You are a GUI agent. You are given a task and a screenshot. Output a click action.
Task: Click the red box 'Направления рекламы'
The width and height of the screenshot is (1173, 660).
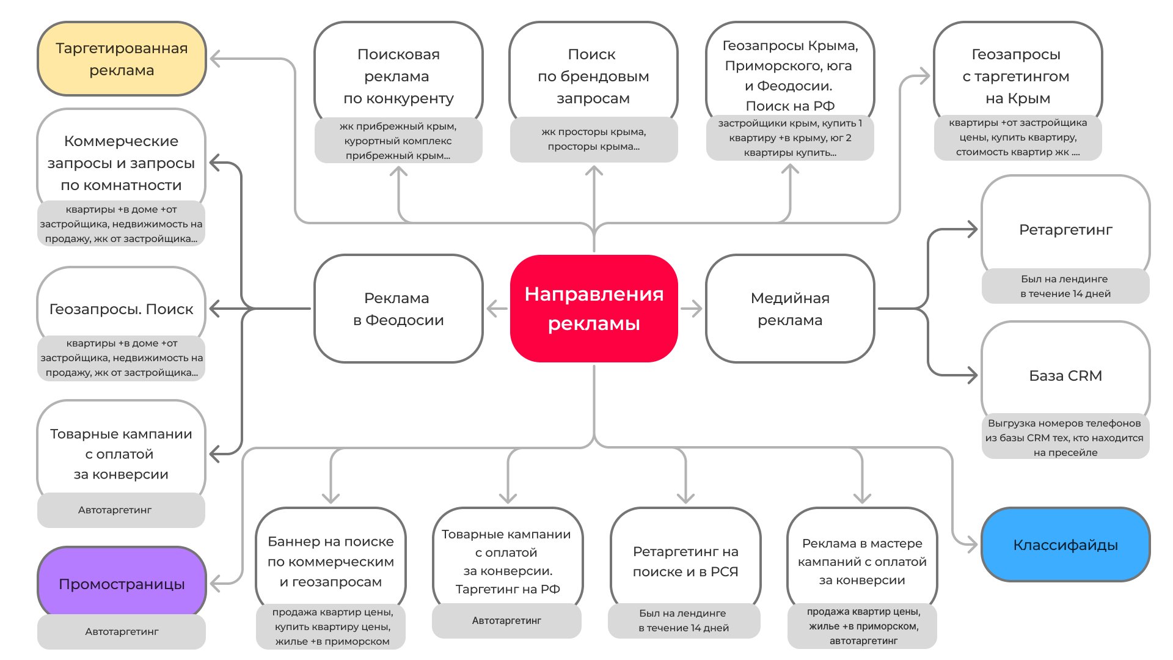point(594,309)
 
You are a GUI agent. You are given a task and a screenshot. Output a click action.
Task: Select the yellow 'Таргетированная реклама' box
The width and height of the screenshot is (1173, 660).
point(122,59)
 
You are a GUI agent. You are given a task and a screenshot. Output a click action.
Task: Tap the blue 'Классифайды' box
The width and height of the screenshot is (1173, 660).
point(1065,544)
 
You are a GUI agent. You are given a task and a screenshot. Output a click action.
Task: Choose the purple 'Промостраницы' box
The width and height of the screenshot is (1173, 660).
point(122,584)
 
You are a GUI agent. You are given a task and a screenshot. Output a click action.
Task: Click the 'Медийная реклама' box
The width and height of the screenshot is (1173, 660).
point(790,309)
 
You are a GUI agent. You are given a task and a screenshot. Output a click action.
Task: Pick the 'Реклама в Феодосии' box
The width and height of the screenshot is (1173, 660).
point(398,309)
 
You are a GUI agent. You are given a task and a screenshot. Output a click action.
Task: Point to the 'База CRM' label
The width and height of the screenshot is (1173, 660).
point(1065,375)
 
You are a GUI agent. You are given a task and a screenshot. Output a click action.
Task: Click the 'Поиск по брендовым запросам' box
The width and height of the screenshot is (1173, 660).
point(593,76)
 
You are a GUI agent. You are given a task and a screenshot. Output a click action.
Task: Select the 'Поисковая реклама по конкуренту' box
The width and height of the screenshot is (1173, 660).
point(398,76)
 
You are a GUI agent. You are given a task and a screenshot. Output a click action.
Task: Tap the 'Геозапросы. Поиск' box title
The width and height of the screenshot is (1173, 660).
point(121,309)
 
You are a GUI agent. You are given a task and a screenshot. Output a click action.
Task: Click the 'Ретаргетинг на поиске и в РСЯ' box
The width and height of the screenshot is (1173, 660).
point(685,561)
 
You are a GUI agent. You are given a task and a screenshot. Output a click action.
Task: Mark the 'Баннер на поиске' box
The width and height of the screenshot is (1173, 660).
point(331,561)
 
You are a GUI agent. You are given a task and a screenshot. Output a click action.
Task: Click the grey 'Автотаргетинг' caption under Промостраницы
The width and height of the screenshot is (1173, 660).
point(122,631)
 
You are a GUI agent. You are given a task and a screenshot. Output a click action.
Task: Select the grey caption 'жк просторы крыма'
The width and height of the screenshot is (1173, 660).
point(593,139)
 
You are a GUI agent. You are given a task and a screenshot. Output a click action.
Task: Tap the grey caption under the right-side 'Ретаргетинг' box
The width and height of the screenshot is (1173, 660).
point(1065,286)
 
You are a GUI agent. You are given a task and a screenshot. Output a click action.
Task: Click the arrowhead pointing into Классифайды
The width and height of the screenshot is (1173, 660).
point(972,544)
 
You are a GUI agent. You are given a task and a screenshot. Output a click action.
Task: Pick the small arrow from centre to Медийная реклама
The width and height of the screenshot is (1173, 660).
point(692,309)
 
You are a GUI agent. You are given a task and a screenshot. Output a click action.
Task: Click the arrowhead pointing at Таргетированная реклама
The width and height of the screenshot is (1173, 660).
point(216,59)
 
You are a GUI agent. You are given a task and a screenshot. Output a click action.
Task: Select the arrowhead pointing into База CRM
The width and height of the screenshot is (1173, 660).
point(972,375)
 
